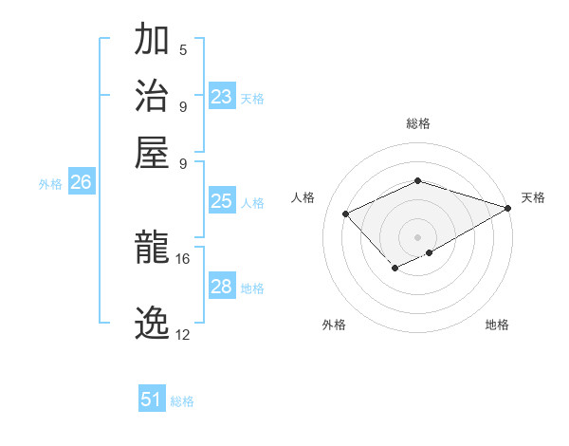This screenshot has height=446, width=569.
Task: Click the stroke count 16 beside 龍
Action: click(182, 258)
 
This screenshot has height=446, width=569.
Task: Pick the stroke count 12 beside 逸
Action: click(182, 334)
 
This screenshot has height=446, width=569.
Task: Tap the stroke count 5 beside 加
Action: click(183, 50)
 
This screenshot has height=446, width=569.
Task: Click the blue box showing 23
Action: click(221, 96)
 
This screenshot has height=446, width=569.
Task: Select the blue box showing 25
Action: click(221, 201)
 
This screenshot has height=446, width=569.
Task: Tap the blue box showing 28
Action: click(221, 287)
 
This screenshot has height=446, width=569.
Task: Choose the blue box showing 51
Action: click(152, 400)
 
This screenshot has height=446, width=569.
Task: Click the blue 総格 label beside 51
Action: click(182, 401)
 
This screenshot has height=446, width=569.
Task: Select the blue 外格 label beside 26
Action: click(50, 185)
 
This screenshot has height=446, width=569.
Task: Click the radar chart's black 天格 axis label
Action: click(533, 197)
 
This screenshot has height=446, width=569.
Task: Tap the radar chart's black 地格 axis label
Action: click(497, 325)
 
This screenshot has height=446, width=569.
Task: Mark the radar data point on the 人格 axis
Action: click(346, 214)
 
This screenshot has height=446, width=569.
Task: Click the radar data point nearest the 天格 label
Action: click(509, 208)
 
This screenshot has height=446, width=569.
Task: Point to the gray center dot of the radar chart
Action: click(417, 236)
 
